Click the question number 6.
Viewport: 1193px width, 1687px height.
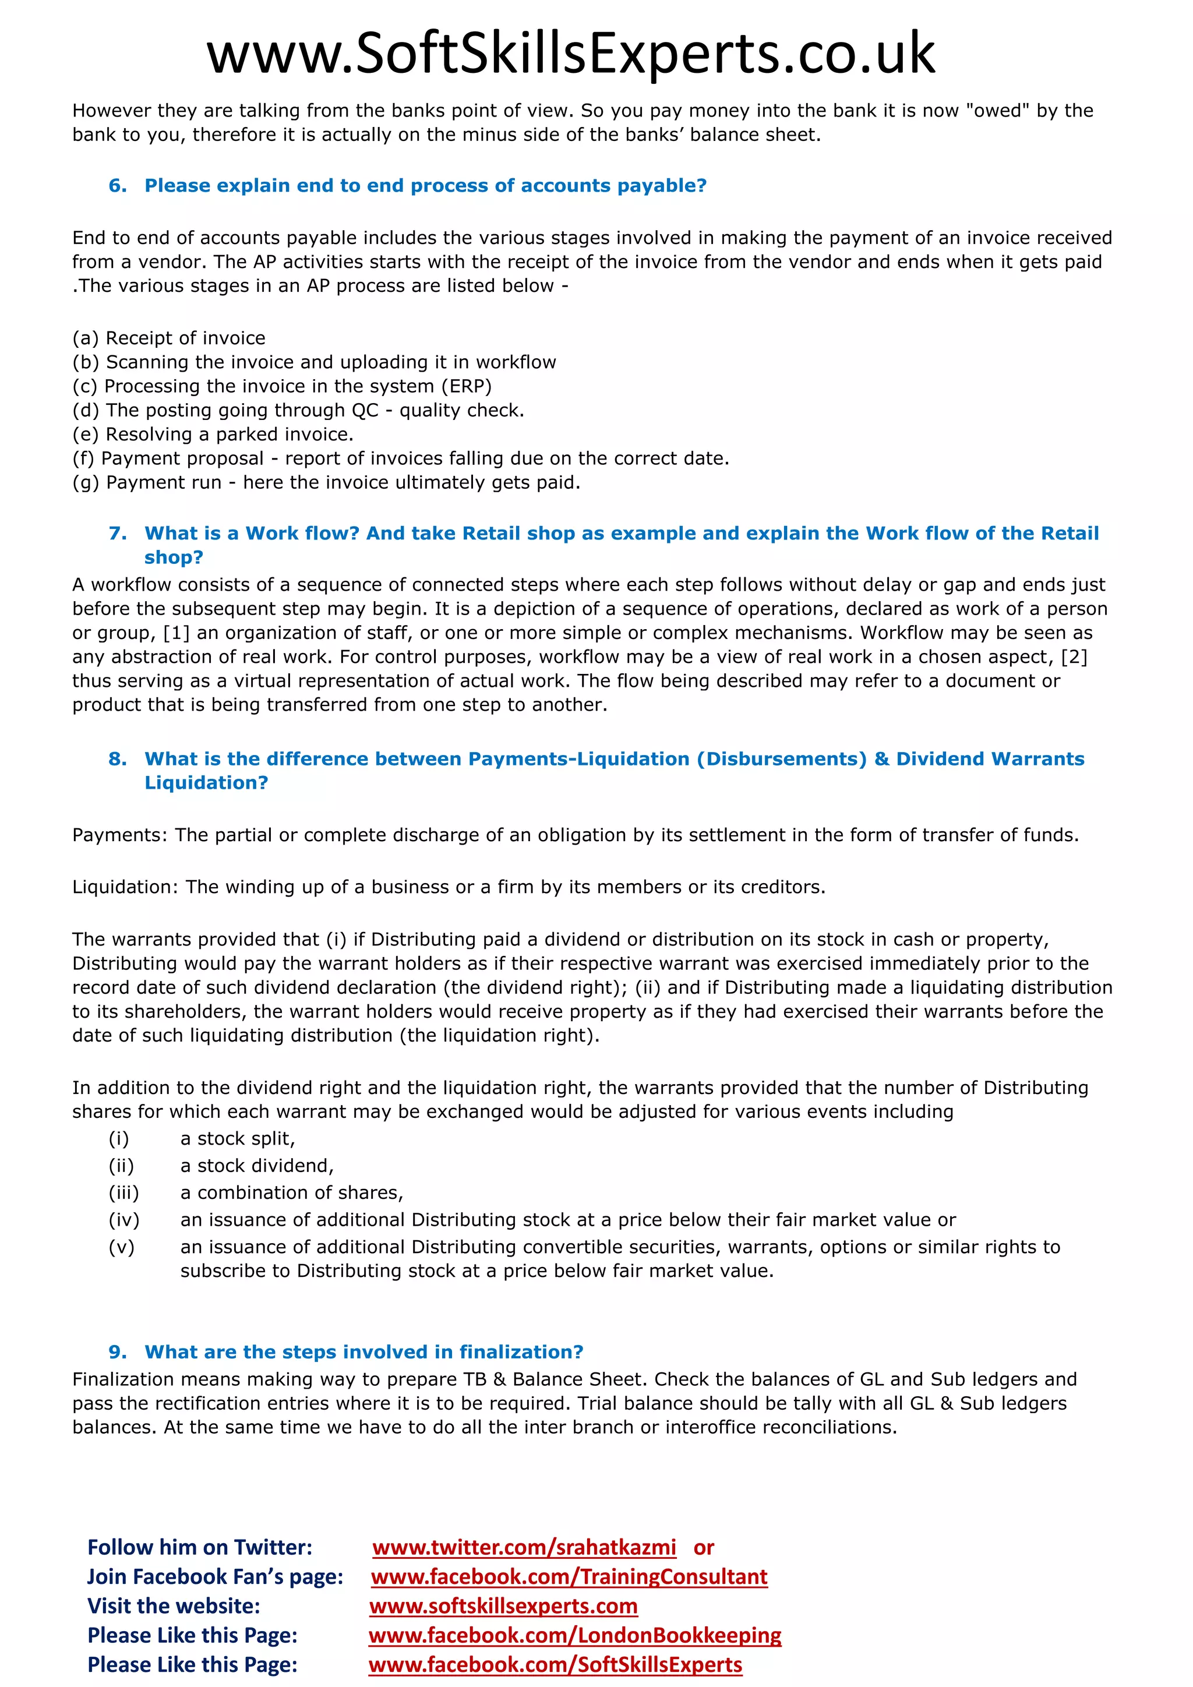coord(117,186)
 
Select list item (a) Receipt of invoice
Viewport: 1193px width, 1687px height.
coord(169,338)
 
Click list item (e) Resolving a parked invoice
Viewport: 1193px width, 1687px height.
coord(213,434)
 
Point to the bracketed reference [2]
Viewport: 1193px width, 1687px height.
coord(1074,657)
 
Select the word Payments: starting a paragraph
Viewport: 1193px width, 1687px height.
coord(120,835)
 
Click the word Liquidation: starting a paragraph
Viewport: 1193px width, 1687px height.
coord(125,887)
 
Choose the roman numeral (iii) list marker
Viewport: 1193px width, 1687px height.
coord(123,1192)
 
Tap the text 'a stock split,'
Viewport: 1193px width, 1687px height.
coord(237,1139)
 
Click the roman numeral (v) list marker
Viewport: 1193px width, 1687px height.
coord(122,1247)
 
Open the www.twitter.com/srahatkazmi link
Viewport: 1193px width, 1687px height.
coord(524,1547)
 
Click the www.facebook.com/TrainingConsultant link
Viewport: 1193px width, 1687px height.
coord(569,1577)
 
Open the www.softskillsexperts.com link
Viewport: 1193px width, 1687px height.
coord(503,1606)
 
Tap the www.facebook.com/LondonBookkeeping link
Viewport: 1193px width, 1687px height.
coord(574,1636)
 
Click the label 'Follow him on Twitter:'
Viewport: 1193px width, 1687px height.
coord(200,1547)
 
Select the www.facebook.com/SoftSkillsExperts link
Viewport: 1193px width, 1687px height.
coord(555,1665)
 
